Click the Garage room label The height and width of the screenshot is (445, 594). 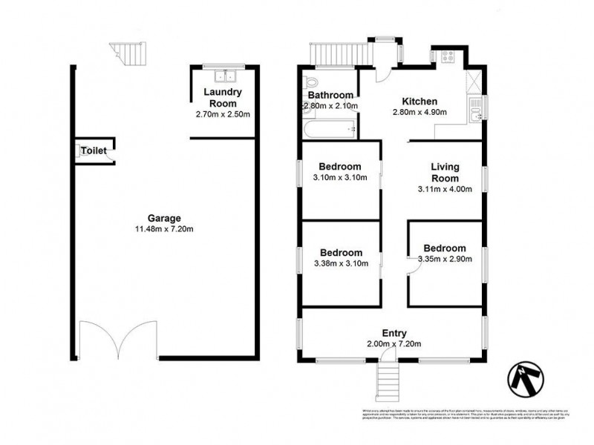pos(164,218)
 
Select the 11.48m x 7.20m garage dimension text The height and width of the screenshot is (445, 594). pos(164,229)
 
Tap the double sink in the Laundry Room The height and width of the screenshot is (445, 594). pos(223,76)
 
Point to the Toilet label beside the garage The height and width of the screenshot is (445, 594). pos(94,151)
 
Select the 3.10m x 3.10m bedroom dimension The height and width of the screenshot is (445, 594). pos(340,178)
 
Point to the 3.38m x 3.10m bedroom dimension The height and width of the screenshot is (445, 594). pos(340,264)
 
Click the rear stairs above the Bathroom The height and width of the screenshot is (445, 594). pos(339,53)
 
